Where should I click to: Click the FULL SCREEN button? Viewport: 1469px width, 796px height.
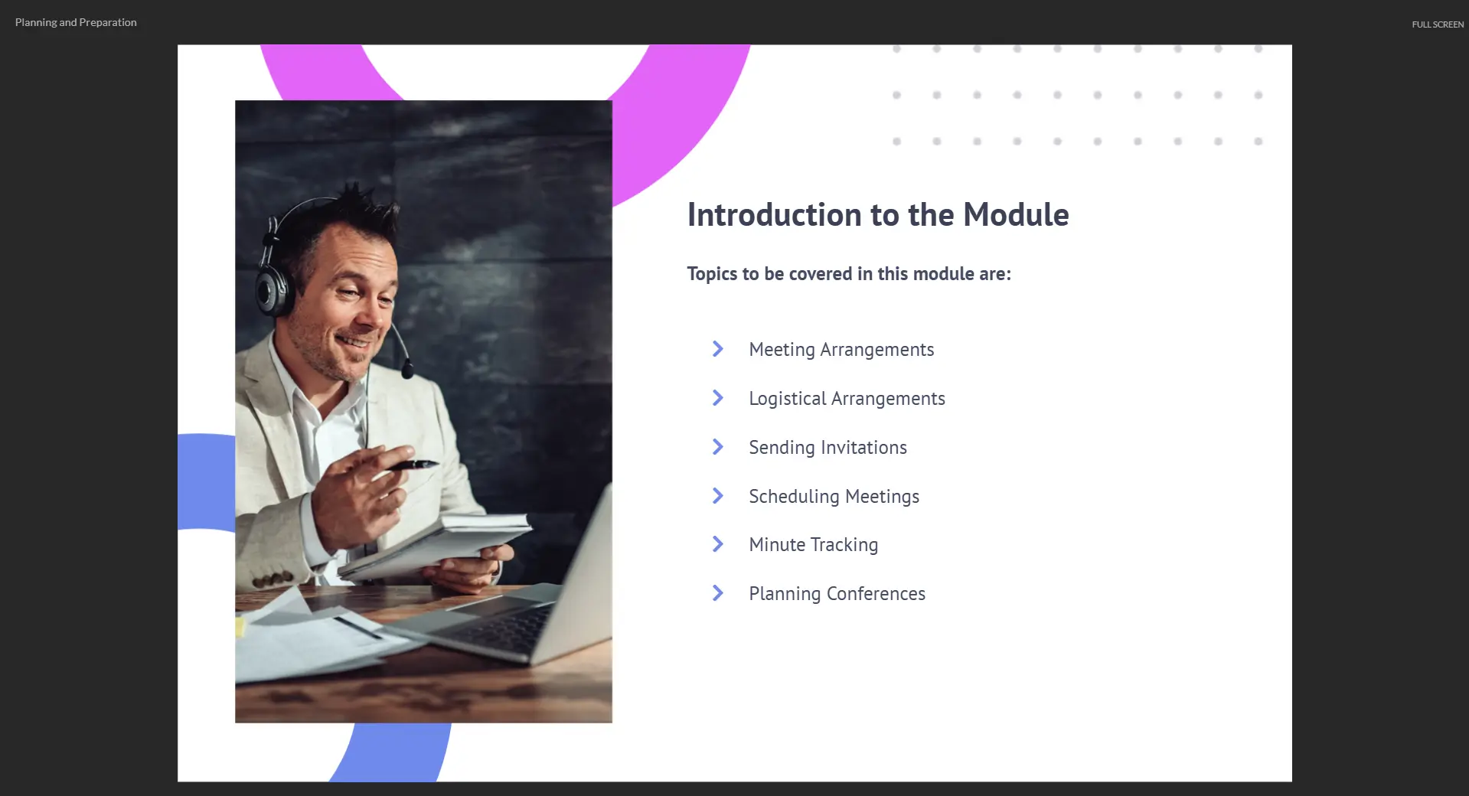1438,24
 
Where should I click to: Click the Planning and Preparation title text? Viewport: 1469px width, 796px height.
76,23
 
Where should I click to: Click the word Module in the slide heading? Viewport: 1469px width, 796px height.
1016,215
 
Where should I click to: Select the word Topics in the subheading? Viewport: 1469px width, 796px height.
712,274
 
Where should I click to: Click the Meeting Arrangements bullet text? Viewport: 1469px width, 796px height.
841,350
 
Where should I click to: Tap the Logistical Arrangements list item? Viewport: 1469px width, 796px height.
847,399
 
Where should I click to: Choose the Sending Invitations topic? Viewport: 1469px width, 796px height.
828,448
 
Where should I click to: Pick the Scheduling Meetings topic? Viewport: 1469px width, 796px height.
834,497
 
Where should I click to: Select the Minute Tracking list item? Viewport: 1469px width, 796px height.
813,545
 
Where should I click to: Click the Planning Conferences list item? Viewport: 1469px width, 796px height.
837,594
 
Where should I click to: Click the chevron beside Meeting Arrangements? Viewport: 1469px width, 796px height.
718,349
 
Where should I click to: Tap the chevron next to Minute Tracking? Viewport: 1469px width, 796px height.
718,544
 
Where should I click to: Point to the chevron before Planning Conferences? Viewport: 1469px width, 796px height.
718,593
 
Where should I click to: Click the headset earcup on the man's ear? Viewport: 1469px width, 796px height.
273,289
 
